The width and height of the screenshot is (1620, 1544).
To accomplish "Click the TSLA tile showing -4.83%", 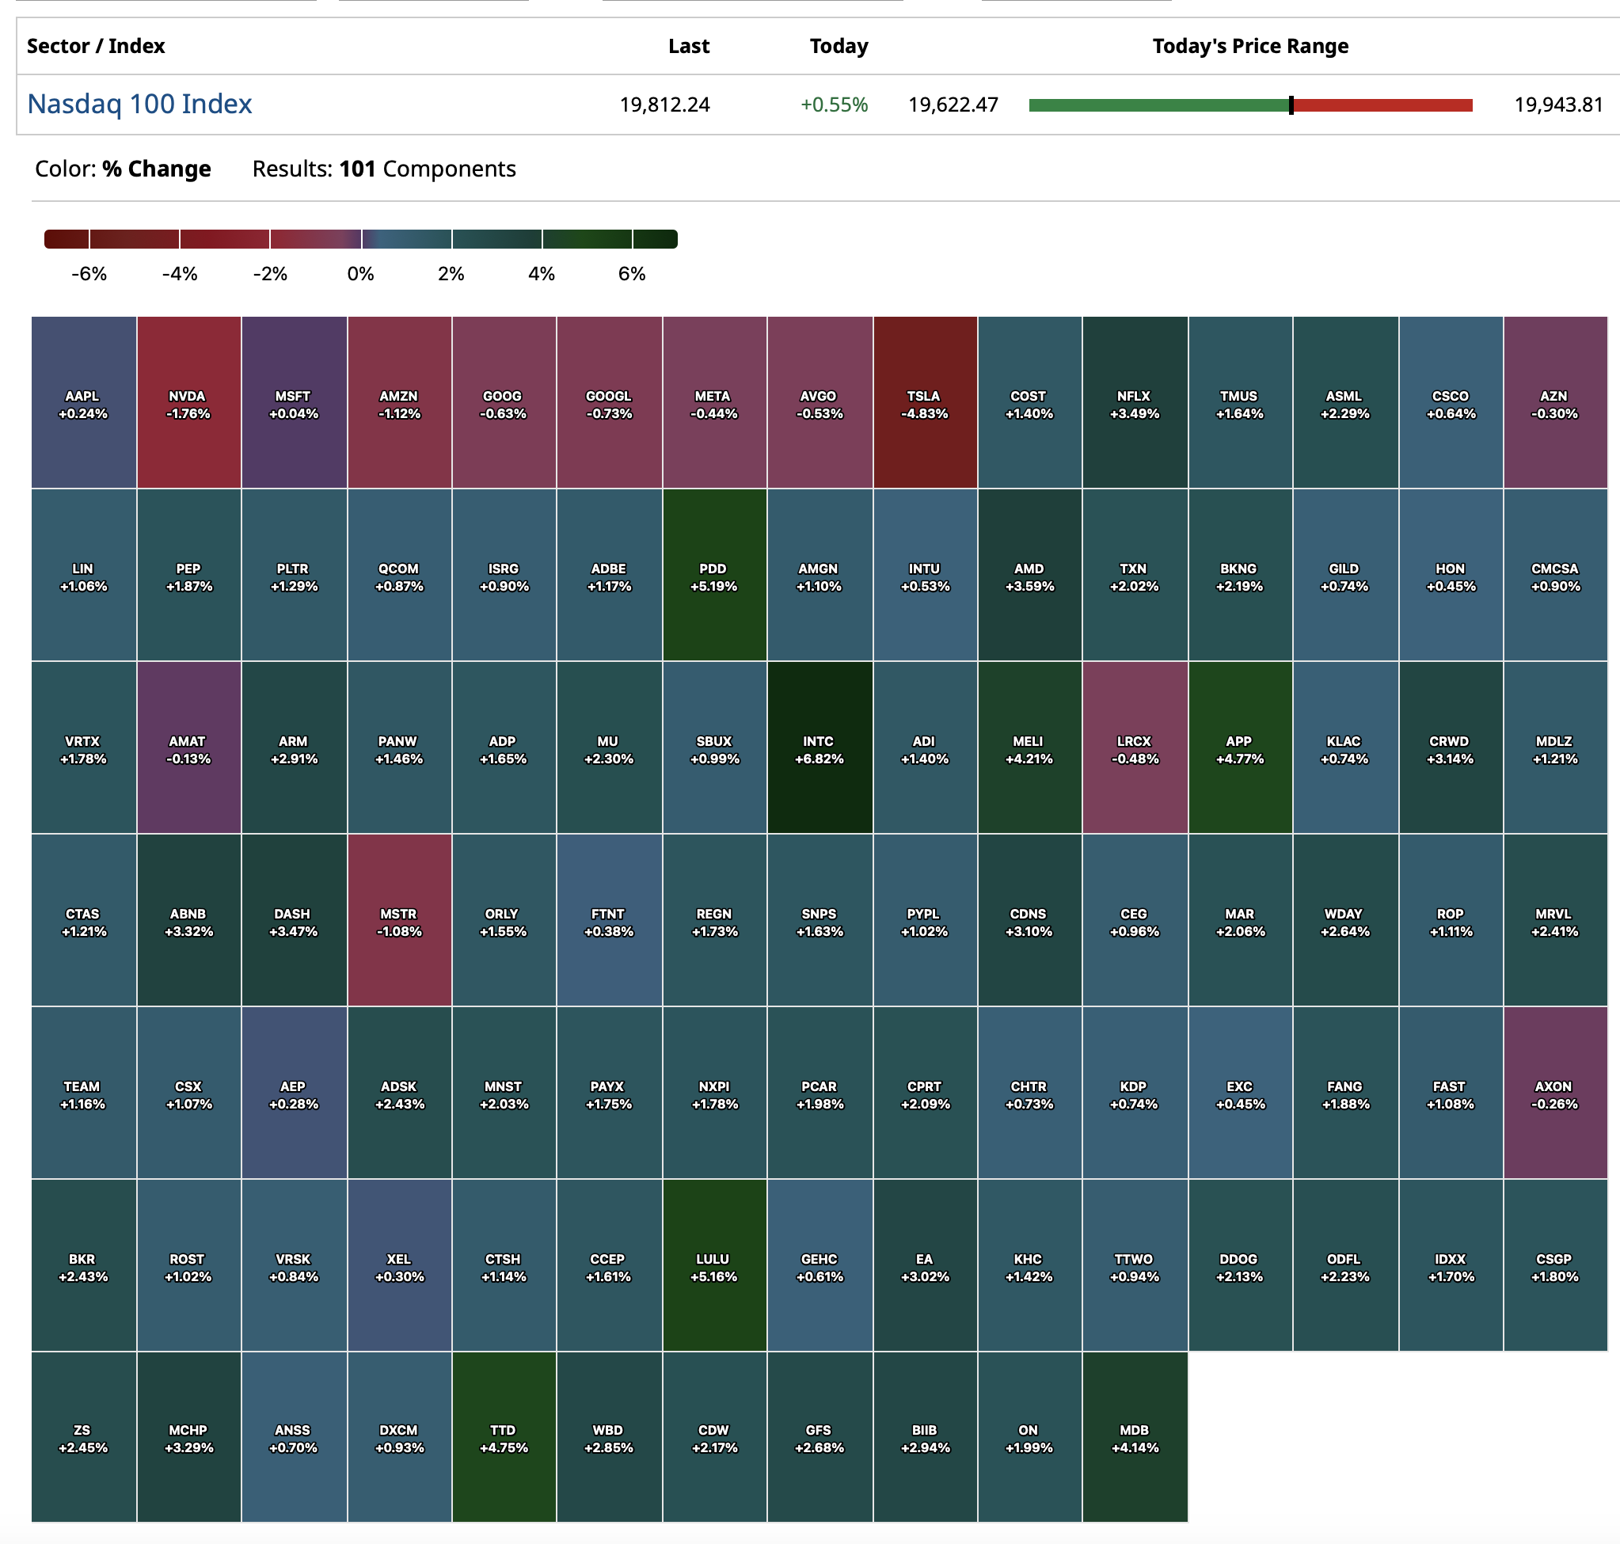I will coord(925,403).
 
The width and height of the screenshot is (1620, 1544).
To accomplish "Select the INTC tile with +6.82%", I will coord(819,748).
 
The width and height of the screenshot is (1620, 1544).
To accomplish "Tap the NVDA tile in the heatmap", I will coord(188,403).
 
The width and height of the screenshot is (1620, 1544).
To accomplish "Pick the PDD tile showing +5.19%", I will coord(713,576).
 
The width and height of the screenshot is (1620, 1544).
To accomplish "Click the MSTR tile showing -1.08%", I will coord(399,921).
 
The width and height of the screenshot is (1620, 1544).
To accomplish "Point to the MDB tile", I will coord(1135,1438).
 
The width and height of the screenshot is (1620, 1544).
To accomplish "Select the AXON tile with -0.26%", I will coord(1554,1093).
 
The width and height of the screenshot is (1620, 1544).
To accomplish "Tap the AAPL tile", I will coord(83,403).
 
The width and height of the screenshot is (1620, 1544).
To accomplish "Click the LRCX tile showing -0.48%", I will coord(1135,748).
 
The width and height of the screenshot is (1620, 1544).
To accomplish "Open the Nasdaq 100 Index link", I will coord(139,105).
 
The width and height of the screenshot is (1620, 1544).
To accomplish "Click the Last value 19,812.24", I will coord(664,105).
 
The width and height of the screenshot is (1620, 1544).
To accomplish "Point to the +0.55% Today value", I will coord(834,105).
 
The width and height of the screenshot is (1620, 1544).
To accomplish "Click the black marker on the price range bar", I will coord(1291,105).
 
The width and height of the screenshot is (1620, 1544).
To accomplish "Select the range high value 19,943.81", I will coord(1558,105).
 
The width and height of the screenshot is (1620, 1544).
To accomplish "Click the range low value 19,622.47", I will coord(953,105).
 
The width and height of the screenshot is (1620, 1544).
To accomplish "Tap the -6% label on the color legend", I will coord(89,274).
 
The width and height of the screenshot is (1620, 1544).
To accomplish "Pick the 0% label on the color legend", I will coord(360,274).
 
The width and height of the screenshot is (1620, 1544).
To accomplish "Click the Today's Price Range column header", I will coord(1249,46).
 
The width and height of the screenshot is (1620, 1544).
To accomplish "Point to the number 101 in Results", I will coord(357,169).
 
